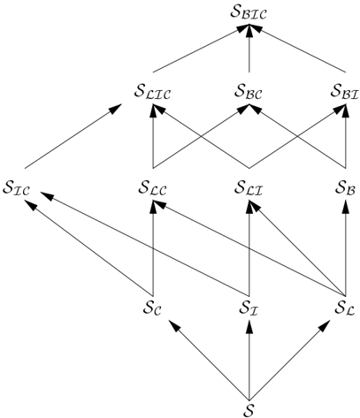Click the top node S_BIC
point(249,13)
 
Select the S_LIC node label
point(152,92)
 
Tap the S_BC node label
point(249,92)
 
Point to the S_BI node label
point(344,92)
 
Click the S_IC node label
point(16,188)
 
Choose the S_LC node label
point(152,188)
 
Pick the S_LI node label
point(249,188)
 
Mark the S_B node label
point(345,188)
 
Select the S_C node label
point(152,308)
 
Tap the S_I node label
point(249,308)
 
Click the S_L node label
point(345,308)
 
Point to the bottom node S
point(249,409)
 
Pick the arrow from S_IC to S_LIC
point(73,136)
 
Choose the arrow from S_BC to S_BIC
point(249,49)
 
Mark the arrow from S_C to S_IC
point(88,247)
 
